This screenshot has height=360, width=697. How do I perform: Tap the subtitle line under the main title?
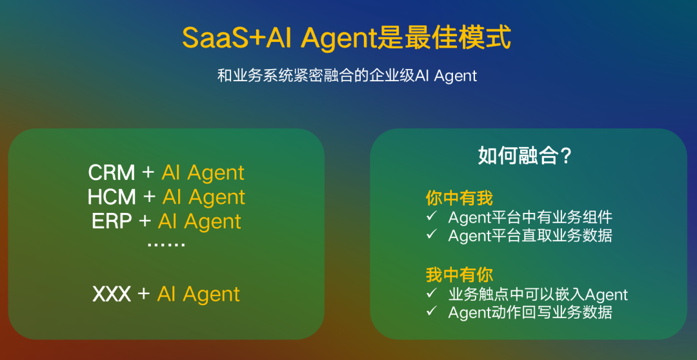point(347,75)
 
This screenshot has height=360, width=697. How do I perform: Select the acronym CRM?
point(112,173)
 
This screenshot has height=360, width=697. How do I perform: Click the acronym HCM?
point(112,197)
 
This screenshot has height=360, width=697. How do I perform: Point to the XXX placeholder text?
point(112,294)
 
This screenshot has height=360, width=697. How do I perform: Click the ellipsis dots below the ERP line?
point(166,245)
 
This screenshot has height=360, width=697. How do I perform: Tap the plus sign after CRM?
point(148,173)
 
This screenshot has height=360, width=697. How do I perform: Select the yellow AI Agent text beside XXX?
point(199,294)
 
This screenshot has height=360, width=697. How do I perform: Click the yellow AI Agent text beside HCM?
point(204,197)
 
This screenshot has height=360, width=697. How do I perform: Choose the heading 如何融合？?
point(525,155)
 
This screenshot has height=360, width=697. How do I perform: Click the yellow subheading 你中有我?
point(459,197)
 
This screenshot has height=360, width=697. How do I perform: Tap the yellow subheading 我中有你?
point(459,275)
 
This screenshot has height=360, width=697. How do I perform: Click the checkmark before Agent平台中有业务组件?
point(432,216)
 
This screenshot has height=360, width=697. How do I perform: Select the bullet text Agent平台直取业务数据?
point(530,235)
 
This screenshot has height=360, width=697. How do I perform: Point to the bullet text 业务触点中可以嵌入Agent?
point(538,295)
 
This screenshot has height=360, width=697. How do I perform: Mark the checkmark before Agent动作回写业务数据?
point(432,312)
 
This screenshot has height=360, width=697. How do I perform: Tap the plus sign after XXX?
point(144,294)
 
